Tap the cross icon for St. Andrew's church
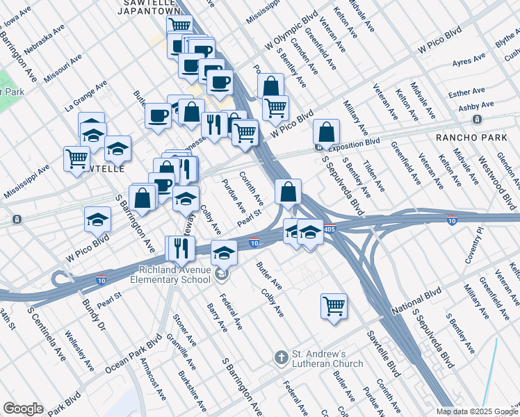click(x=281, y=358)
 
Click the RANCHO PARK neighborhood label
click(x=471, y=138)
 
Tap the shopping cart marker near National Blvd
click(x=334, y=305)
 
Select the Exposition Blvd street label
click(x=355, y=142)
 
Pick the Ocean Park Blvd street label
click(x=133, y=357)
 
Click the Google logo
click(x=23, y=409)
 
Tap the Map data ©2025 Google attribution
click(x=477, y=411)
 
